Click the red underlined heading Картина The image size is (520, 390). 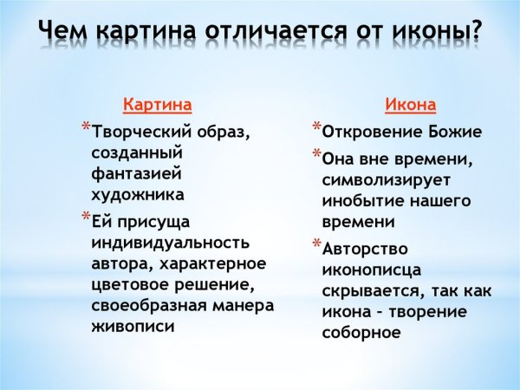[157, 105]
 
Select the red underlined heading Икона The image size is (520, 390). [410, 105]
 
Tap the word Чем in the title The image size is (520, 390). [68, 31]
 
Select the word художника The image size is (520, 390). [136, 194]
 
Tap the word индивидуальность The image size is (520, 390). [170, 242]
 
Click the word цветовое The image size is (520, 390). [127, 283]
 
